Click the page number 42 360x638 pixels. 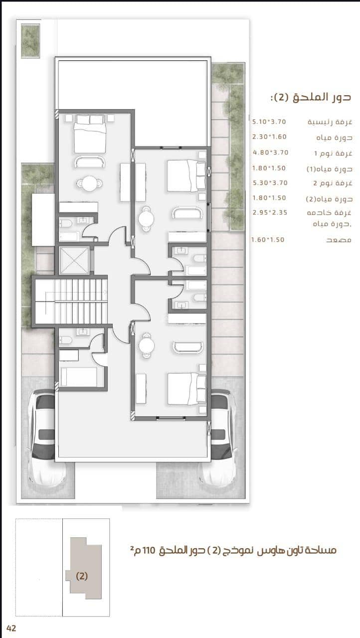click(11, 628)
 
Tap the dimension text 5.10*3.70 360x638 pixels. click(269, 122)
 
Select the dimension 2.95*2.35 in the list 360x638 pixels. click(270, 212)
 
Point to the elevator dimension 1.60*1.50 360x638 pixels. click(268, 240)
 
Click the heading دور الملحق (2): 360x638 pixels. click(311, 97)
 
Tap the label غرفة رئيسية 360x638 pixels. click(330, 122)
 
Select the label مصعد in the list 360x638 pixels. click(339, 240)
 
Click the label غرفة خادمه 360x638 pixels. click(329, 212)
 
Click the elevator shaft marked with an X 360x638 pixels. click(75, 260)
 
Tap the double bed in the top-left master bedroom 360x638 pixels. click(90, 134)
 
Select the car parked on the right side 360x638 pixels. click(219, 436)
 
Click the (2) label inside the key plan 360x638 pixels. click(82, 576)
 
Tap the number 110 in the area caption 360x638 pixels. click(149, 550)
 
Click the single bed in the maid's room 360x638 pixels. click(79, 377)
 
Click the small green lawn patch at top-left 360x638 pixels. click(30, 41)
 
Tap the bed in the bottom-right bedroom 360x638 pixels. click(186, 389)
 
